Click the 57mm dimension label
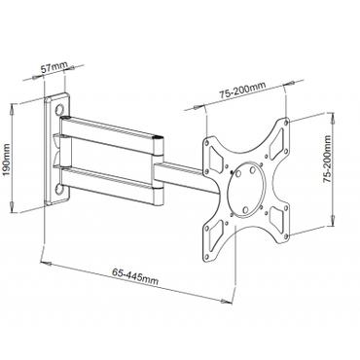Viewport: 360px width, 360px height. click(59, 68)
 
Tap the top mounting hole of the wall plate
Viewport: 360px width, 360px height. click(64, 100)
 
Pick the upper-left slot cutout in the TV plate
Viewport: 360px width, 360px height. click(213, 154)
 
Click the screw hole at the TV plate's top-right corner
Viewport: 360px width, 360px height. click(285, 123)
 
